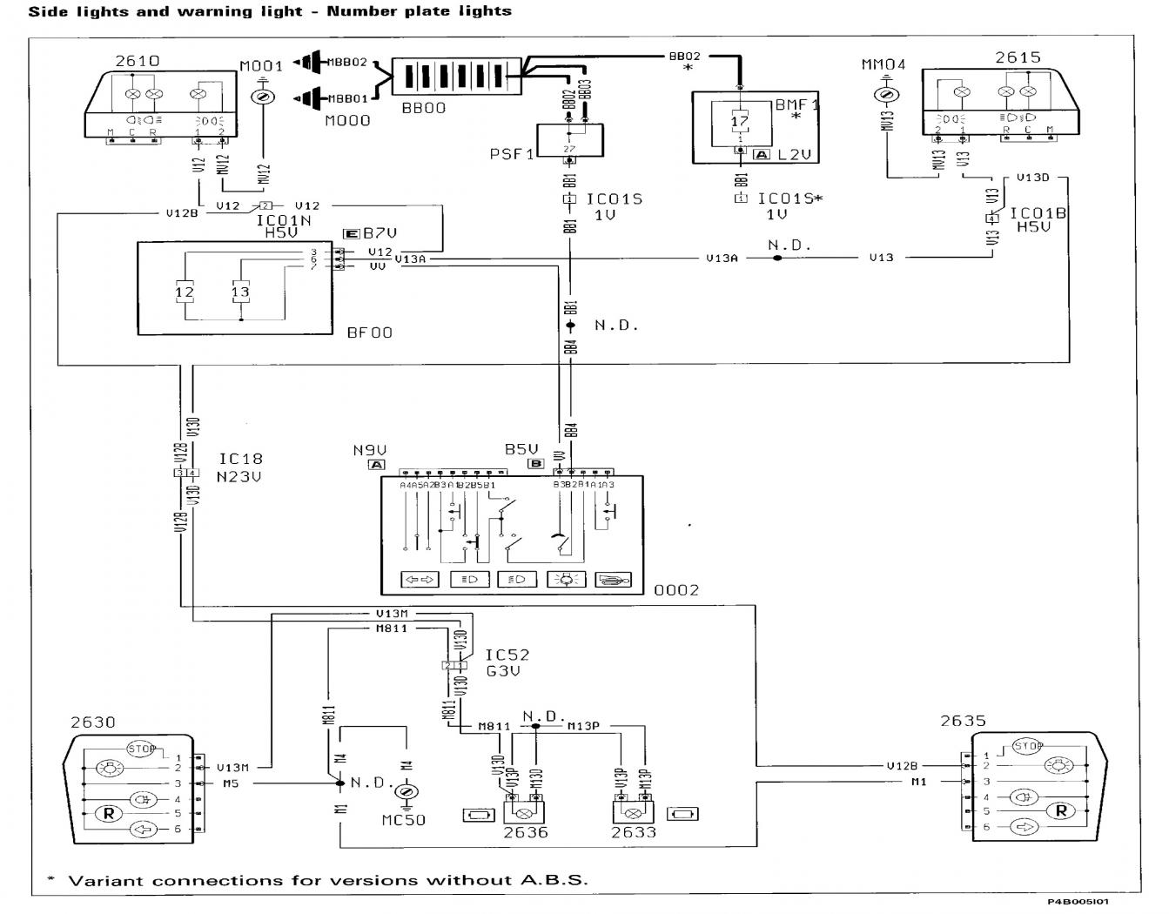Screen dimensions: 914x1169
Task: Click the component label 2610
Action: point(137,61)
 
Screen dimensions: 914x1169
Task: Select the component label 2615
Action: point(1018,57)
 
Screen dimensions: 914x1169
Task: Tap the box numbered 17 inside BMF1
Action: point(739,122)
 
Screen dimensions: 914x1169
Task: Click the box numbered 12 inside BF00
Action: point(185,292)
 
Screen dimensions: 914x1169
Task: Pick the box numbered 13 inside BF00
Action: point(240,292)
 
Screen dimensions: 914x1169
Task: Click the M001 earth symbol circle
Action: point(261,97)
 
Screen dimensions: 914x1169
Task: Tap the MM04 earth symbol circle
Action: point(885,94)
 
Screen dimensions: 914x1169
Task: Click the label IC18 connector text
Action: point(240,459)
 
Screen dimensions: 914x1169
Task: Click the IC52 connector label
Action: point(507,655)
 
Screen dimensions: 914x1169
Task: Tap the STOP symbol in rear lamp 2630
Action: point(141,748)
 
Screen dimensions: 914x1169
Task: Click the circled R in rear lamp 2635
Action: point(1061,810)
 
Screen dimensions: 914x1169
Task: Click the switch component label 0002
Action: point(676,590)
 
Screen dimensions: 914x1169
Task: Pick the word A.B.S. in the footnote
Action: point(554,879)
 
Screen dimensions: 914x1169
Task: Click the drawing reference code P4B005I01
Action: point(1078,902)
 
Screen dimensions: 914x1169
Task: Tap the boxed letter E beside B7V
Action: point(351,233)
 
